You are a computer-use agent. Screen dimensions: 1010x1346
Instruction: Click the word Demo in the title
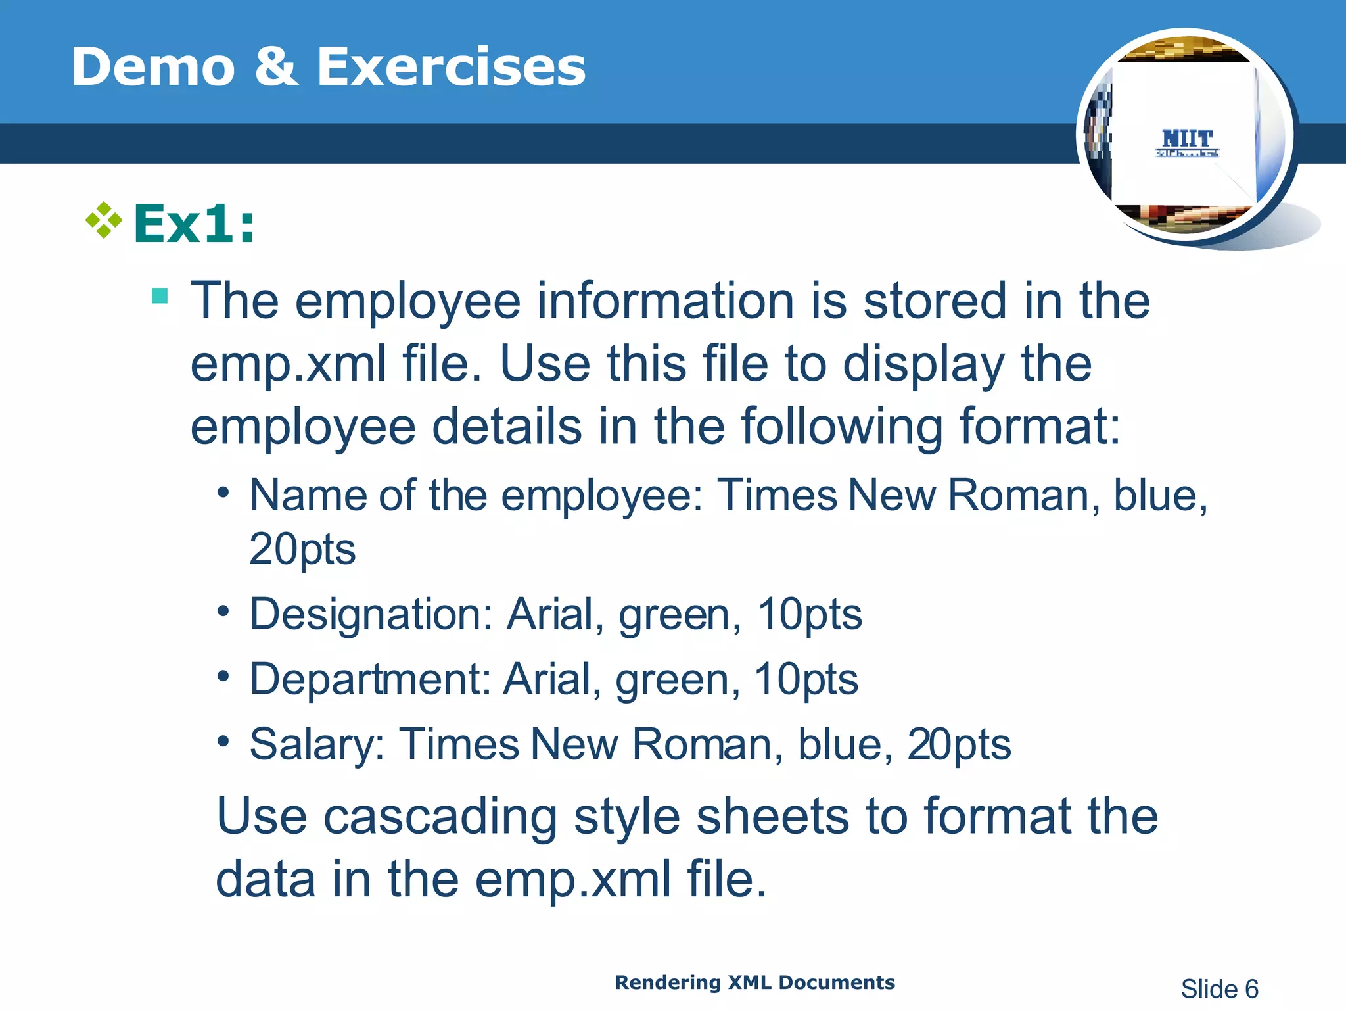click(153, 67)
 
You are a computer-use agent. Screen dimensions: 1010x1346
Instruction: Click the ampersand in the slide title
click(276, 67)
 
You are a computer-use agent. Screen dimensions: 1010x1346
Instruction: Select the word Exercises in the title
click(451, 67)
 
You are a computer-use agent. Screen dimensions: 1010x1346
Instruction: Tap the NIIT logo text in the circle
click(1187, 139)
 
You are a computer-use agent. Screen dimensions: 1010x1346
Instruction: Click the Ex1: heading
click(194, 224)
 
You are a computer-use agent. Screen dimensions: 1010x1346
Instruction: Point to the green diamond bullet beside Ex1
click(104, 220)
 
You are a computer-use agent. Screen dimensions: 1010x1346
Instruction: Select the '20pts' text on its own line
click(302, 549)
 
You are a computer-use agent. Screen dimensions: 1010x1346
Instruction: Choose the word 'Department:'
click(370, 679)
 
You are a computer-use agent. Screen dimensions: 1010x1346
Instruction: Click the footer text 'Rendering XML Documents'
click(754, 982)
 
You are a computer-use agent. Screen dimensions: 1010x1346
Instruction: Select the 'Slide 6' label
click(1219, 989)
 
